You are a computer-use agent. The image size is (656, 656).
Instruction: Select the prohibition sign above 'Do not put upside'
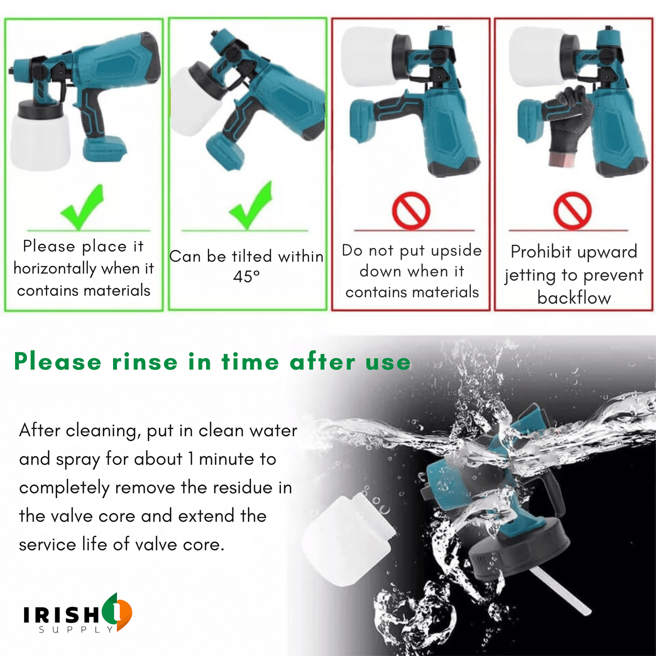tap(411, 210)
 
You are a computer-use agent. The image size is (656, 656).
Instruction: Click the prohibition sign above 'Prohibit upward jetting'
tap(572, 210)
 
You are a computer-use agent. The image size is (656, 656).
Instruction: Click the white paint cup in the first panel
tap(40, 141)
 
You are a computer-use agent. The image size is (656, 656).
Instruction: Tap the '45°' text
tap(246, 276)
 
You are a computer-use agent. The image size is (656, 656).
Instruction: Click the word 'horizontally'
tap(55, 269)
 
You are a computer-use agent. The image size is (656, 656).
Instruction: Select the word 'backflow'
tap(574, 298)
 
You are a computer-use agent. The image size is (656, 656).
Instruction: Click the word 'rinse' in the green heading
tap(145, 361)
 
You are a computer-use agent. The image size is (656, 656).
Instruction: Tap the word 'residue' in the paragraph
tap(243, 488)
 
